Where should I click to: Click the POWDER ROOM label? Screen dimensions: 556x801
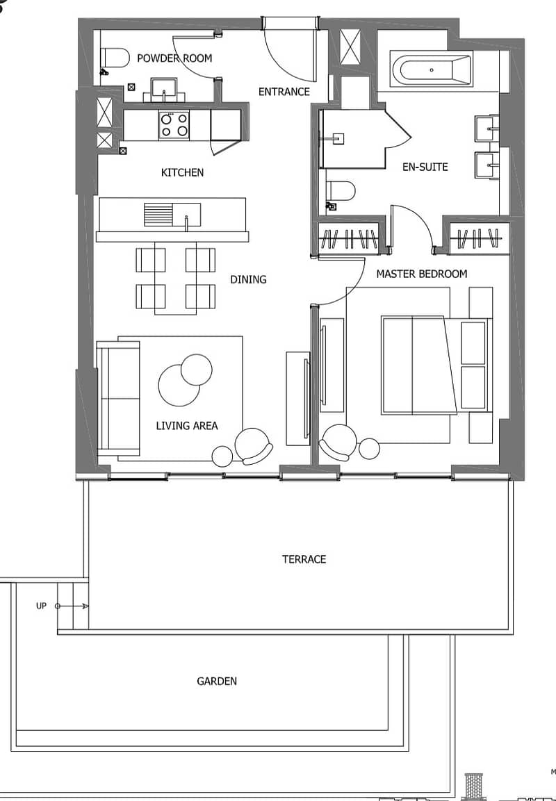pyautogui.click(x=174, y=58)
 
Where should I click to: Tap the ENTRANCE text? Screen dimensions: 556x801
pyautogui.click(x=284, y=92)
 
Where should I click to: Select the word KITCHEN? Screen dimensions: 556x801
pyautogui.click(x=182, y=173)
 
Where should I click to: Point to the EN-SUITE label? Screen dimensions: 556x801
pyautogui.click(x=425, y=167)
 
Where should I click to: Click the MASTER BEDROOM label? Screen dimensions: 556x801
pyautogui.click(x=422, y=274)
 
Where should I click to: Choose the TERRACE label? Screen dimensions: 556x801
pyautogui.click(x=304, y=559)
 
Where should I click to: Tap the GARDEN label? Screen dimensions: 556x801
pyautogui.click(x=217, y=682)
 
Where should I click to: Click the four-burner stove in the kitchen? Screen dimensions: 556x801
pyautogui.click(x=174, y=125)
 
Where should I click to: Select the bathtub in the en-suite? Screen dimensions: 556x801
pyautogui.click(x=432, y=69)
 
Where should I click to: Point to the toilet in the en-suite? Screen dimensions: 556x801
pyautogui.click(x=341, y=190)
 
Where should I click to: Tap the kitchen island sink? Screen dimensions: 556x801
pyautogui.click(x=172, y=215)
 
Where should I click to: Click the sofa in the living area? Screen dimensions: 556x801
pyautogui.click(x=119, y=399)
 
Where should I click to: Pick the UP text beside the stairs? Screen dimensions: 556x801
pyautogui.click(x=42, y=606)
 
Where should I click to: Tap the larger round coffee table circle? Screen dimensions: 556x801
pyautogui.click(x=179, y=385)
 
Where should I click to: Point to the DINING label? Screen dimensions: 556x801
pyautogui.click(x=248, y=279)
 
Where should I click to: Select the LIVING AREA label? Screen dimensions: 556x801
pyautogui.click(x=187, y=426)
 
